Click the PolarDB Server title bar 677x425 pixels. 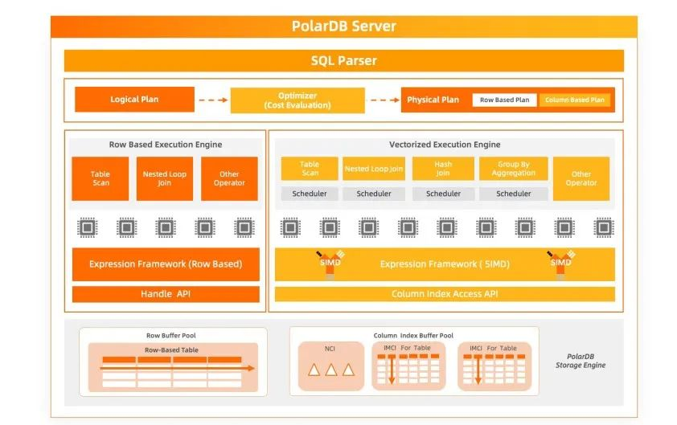pos(343,26)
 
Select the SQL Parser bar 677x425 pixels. pos(343,61)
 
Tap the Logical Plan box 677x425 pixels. pos(134,100)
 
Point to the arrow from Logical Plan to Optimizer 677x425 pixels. pos(212,100)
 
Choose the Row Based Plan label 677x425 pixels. pos(504,100)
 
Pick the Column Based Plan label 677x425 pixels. pos(574,100)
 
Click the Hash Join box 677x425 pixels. pos(443,169)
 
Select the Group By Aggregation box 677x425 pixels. pos(513,169)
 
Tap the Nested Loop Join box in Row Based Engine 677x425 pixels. pos(165,178)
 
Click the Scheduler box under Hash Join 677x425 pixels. pos(443,194)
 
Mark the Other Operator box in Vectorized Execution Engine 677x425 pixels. pos(581,178)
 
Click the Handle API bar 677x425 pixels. pos(166,295)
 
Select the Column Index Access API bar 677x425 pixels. pos(445,294)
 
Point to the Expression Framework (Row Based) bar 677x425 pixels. pos(166,264)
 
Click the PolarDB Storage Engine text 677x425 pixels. pos(581,360)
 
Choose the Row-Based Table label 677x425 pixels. pos(171,350)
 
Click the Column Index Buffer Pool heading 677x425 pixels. pos(413,335)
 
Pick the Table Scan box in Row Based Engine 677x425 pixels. pos(101,178)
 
